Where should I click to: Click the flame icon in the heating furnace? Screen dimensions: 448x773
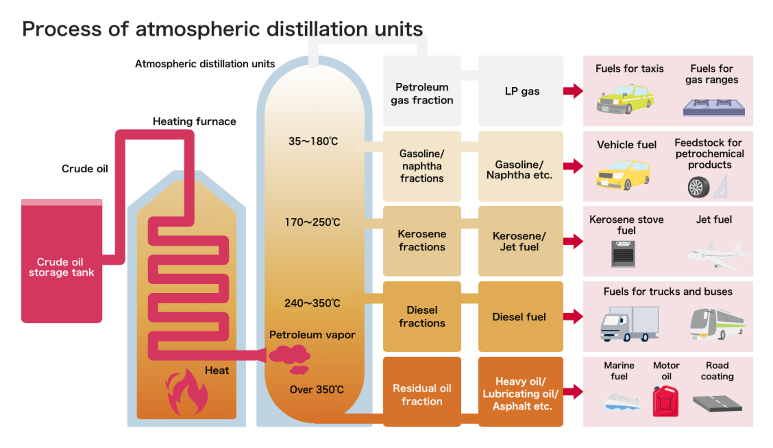187,392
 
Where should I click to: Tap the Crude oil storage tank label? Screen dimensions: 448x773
61,267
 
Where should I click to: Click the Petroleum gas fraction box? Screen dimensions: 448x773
422,93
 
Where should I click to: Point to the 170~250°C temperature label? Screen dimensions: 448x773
312,222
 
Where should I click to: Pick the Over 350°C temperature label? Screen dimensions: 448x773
317,389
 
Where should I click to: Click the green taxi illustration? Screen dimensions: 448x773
625,99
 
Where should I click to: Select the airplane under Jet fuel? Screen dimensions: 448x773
717,255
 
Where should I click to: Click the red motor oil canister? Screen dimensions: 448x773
665,401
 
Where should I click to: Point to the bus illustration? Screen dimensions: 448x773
717,324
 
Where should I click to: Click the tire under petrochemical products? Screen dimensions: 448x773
698,187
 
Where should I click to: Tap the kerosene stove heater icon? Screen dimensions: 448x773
623,254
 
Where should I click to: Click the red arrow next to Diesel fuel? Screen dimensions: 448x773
573,316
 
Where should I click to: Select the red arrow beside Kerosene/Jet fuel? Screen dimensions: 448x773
573,241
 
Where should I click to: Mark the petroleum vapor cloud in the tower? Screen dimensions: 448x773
290,357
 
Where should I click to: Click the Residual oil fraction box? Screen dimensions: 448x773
422,394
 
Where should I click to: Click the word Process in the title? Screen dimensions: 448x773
62,29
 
